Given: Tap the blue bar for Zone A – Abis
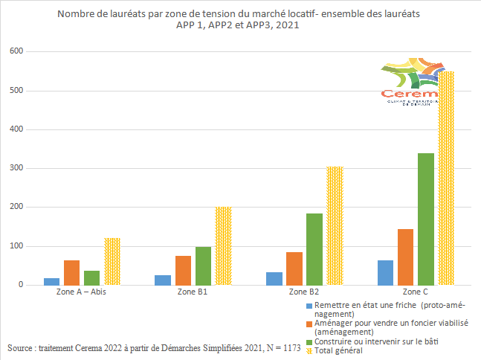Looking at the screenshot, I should (51, 281).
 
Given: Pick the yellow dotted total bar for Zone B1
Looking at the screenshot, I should (223, 246).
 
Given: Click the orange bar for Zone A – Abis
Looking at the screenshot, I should (71, 272).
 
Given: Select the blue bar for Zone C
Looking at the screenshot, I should (385, 272).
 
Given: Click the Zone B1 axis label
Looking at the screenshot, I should (193, 292).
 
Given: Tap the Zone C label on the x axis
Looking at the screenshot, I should (415, 292).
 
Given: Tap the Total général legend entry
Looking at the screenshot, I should (339, 350).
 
